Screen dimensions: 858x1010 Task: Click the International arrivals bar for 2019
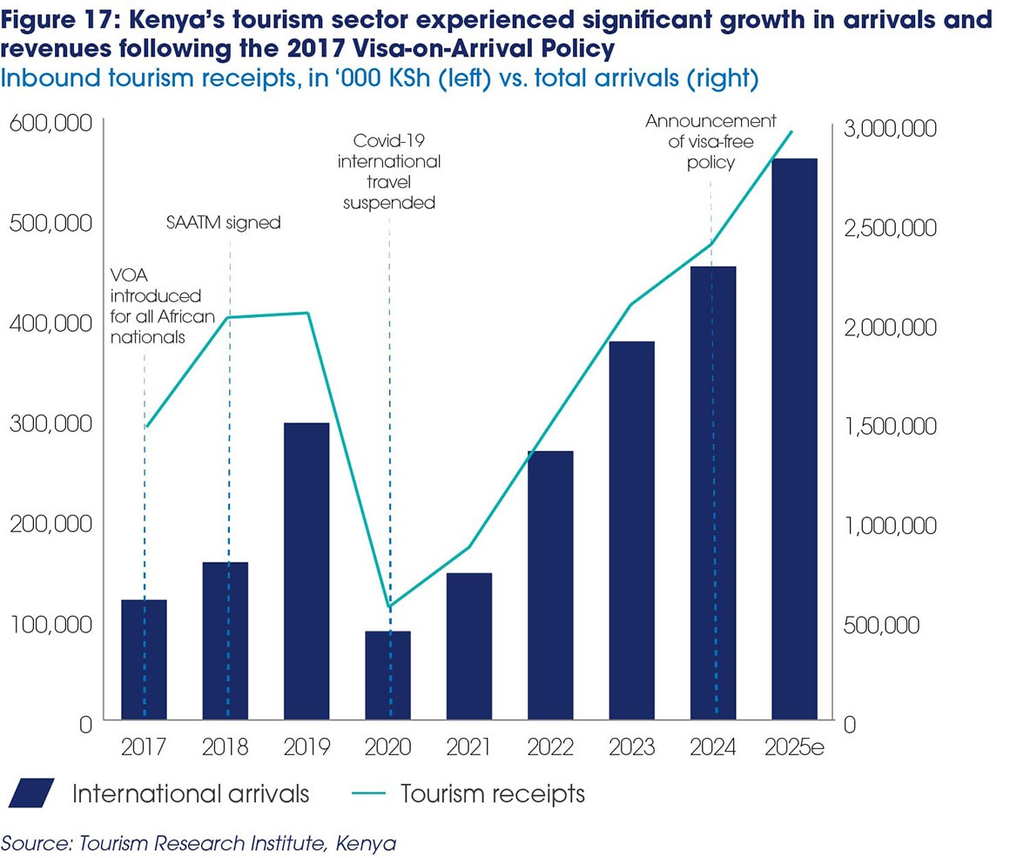pos(306,571)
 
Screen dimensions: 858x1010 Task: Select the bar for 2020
pos(387,675)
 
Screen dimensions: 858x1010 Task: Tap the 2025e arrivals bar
pos(793,439)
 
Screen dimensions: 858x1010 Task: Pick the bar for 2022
pos(550,584)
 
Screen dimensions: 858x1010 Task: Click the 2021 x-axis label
pos(468,747)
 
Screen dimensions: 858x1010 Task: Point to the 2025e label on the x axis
pos(793,747)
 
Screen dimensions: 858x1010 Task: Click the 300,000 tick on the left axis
pos(50,423)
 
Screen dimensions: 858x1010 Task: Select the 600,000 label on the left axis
pos(50,124)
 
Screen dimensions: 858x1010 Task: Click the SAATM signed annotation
pos(224,222)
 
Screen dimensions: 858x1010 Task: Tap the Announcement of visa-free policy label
pos(710,141)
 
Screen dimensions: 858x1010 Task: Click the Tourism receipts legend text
pos(493,794)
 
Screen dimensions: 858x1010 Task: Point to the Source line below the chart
pos(199,843)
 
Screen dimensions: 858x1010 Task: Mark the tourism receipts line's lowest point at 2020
pos(388,606)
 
